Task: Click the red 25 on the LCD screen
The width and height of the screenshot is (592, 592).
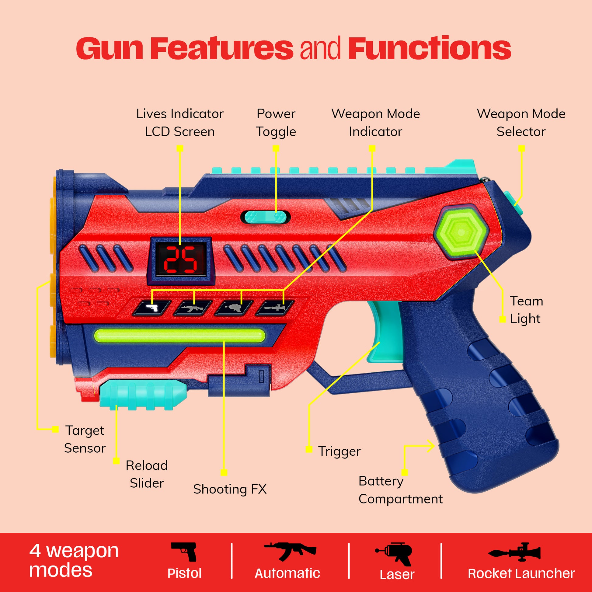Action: click(180, 260)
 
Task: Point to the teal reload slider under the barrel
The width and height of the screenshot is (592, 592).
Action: click(143, 394)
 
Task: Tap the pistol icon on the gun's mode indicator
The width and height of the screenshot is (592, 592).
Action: click(152, 308)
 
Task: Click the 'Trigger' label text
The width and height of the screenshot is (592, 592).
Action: click(339, 451)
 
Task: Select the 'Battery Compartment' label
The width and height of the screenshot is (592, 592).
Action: click(400, 490)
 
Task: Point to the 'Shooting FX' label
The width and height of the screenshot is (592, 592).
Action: click(230, 489)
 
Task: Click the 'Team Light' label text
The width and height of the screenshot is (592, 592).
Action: click(526, 310)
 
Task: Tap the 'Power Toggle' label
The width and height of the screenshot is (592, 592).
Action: click(276, 123)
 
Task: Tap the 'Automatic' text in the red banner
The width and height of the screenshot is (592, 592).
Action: click(287, 573)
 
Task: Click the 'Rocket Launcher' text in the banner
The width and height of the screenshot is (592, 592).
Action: click(521, 574)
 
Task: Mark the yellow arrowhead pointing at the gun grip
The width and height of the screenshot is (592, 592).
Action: click(431, 446)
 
